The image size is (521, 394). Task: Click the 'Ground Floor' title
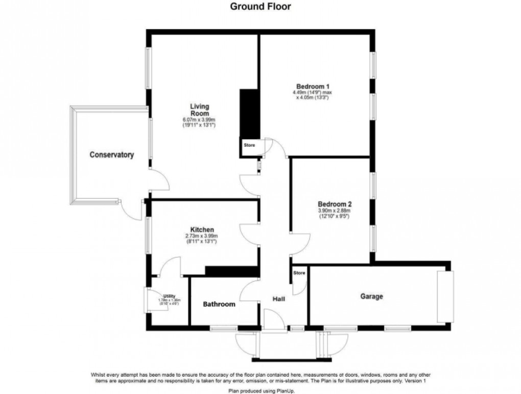tap(260, 7)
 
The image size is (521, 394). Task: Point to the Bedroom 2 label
tap(334, 204)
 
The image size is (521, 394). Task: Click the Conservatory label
tap(111, 154)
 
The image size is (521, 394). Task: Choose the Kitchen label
tap(202, 230)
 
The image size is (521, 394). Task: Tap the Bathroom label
tap(219, 304)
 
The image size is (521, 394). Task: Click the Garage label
tap(371, 296)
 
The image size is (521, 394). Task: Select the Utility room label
tap(169, 296)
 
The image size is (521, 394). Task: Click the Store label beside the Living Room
tap(249, 146)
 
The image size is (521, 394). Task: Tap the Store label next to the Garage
tap(299, 273)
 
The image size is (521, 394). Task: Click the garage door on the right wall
tap(445, 296)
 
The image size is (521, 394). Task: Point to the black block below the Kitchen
tap(230, 270)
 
